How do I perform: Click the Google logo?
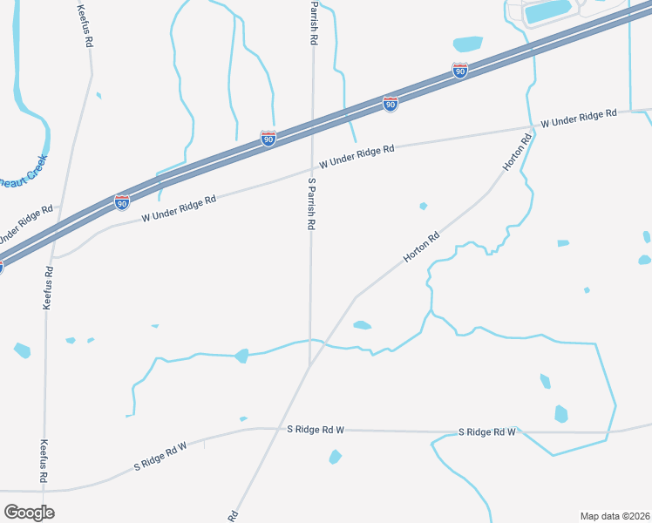29,513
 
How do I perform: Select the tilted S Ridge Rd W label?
160,457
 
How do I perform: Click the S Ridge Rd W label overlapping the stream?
487,432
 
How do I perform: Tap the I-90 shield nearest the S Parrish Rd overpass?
268,139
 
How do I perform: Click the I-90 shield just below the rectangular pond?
460,71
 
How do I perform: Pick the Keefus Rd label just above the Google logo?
43,462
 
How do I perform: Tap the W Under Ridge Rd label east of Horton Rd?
579,119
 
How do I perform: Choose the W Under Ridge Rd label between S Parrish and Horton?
357,157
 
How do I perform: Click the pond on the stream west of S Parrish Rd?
241,356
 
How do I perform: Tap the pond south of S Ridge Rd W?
335,457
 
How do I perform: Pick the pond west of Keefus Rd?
22,350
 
